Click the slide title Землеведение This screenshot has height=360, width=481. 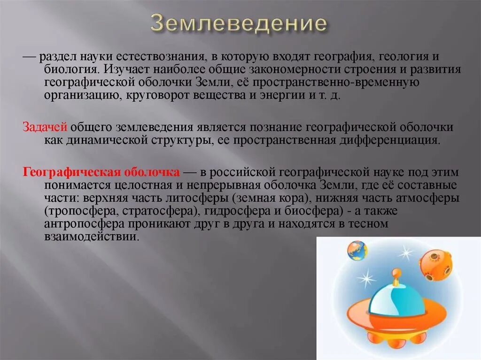pos(238,24)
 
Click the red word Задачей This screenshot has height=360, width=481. pos(46,127)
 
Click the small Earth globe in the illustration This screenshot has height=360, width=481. pos(357,251)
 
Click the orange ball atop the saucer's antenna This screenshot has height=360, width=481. pos(397,272)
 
